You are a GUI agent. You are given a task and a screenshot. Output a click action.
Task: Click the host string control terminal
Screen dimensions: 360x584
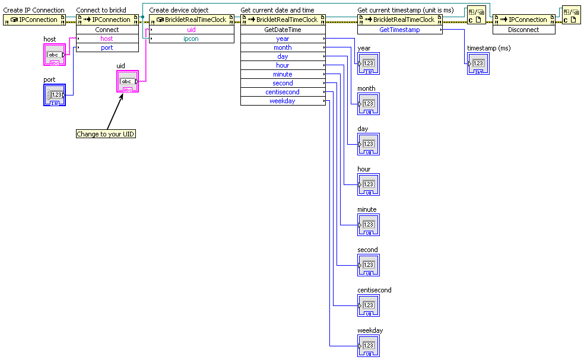tap(55, 55)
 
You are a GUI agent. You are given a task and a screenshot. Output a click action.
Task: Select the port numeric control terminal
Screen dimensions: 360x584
tap(55, 95)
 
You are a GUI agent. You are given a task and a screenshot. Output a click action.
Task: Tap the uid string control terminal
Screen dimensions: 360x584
tap(127, 81)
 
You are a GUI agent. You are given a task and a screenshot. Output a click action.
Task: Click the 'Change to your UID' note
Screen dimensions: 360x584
tap(106, 134)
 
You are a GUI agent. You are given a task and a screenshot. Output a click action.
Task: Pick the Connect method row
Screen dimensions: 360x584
tap(107, 29)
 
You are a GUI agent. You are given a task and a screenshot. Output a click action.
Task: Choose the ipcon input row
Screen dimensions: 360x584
tap(191, 39)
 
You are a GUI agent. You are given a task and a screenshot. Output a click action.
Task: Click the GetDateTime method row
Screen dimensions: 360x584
tap(283, 29)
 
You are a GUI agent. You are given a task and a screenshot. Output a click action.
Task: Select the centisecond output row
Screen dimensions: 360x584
tap(283, 92)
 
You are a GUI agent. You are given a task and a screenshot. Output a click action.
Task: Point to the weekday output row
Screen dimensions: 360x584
tap(283, 101)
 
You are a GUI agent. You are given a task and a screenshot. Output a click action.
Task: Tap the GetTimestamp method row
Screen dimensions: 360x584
tap(399, 29)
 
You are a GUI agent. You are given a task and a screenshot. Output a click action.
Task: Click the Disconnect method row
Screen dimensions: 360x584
tap(523, 29)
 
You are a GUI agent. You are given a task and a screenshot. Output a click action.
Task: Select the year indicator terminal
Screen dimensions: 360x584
tap(368, 63)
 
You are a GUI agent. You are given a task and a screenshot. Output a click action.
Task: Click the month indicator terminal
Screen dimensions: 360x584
tap(368, 104)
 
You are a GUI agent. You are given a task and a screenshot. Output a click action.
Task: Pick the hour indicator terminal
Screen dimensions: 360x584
tap(368, 184)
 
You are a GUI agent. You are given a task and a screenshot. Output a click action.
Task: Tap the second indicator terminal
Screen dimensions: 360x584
tap(368, 265)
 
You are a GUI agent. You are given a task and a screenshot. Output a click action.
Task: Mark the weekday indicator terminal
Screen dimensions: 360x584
tap(368, 346)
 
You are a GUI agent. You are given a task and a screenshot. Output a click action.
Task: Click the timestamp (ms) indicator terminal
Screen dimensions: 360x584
tap(478, 63)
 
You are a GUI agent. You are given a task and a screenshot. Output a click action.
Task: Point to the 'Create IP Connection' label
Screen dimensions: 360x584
tap(34, 10)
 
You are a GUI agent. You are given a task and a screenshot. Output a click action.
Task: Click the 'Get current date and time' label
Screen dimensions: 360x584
tap(277, 10)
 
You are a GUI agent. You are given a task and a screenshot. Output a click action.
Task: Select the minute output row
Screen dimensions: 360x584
tap(283, 74)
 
